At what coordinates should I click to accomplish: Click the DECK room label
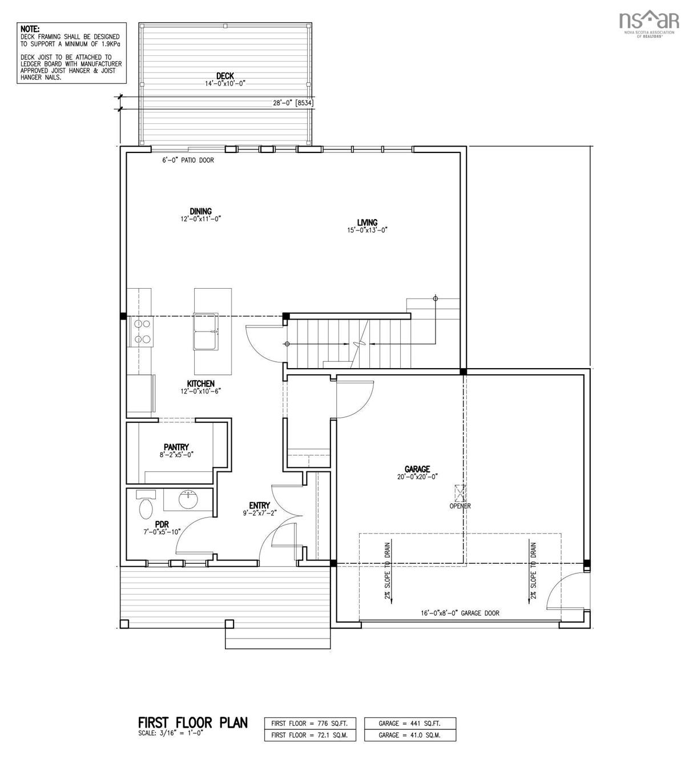pyautogui.click(x=225, y=76)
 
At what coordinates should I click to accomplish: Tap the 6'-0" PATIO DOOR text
pyautogui.click(x=188, y=160)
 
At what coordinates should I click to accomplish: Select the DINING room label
pyautogui.click(x=201, y=211)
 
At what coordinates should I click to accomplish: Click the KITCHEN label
pyautogui.click(x=200, y=383)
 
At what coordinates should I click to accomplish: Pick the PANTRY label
pyautogui.click(x=176, y=447)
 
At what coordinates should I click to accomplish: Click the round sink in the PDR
pyautogui.click(x=188, y=500)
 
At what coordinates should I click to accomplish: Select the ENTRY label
pyautogui.click(x=259, y=505)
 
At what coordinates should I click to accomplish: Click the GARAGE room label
pyautogui.click(x=418, y=469)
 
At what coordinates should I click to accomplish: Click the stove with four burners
pyautogui.click(x=143, y=331)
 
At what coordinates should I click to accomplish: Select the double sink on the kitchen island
pyautogui.click(x=207, y=331)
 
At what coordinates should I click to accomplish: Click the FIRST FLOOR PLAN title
pyautogui.click(x=193, y=722)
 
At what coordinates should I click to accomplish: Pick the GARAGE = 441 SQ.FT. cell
pyautogui.click(x=410, y=724)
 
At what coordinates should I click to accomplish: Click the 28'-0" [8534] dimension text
pyautogui.click(x=293, y=103)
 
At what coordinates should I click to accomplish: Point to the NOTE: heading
pyautogui.click(x=31, y=28)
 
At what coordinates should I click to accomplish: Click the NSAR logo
pyautogui.click(x=648, y=22)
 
